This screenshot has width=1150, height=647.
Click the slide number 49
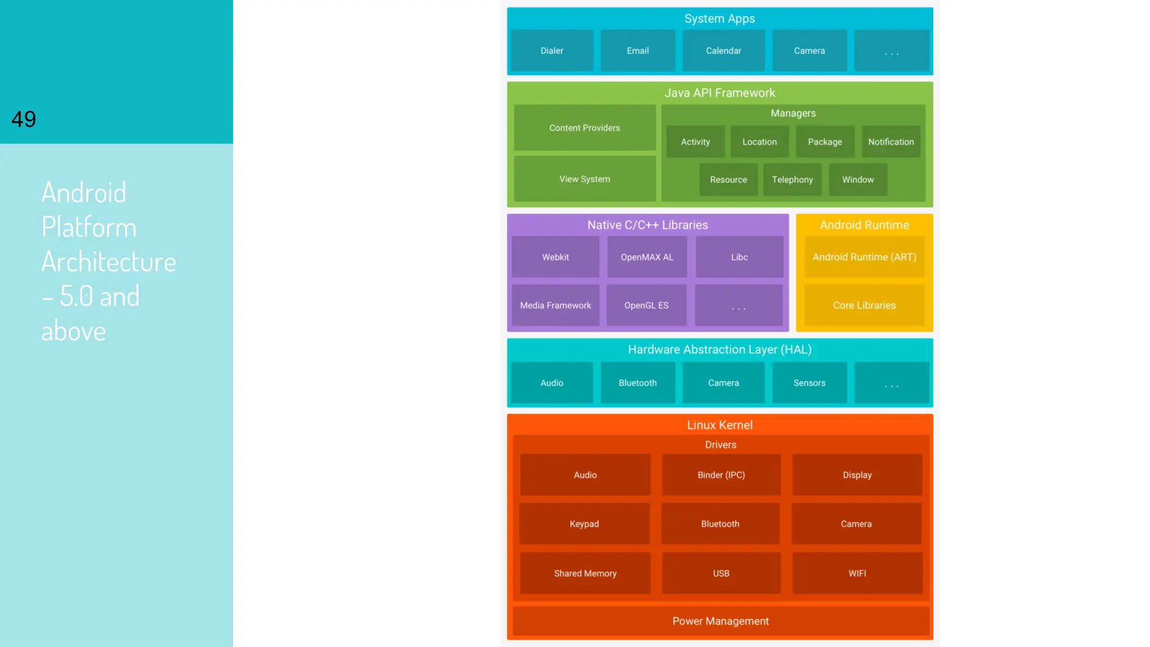coord(24,119)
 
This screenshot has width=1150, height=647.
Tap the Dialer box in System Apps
coord(551,51)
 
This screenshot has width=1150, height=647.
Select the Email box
coord(637,51)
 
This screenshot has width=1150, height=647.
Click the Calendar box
coord(723,51)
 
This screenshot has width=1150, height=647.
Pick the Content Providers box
coord(585,128)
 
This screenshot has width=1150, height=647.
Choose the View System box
coord(585,179)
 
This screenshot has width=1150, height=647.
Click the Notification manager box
coord(891,142)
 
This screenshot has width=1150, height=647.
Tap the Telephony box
coord(792,180)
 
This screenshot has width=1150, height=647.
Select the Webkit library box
coord(555,257)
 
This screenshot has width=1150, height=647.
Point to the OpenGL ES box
coord(646,306)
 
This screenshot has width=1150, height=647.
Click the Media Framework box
coord(555,306)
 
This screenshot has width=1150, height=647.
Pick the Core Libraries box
coord(864,306)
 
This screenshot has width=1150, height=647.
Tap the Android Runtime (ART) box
coord(864,257)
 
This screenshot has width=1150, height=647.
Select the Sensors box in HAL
coord(809,383)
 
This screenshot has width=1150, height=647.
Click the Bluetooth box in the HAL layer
coord(637,383)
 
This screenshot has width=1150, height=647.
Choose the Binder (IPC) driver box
coord(721,475)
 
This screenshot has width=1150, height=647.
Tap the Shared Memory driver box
coord(585,573)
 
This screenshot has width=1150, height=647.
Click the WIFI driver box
coord(857,573)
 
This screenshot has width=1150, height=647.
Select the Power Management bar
coord(720,621)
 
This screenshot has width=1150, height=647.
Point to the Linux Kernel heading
coord(720,425)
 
